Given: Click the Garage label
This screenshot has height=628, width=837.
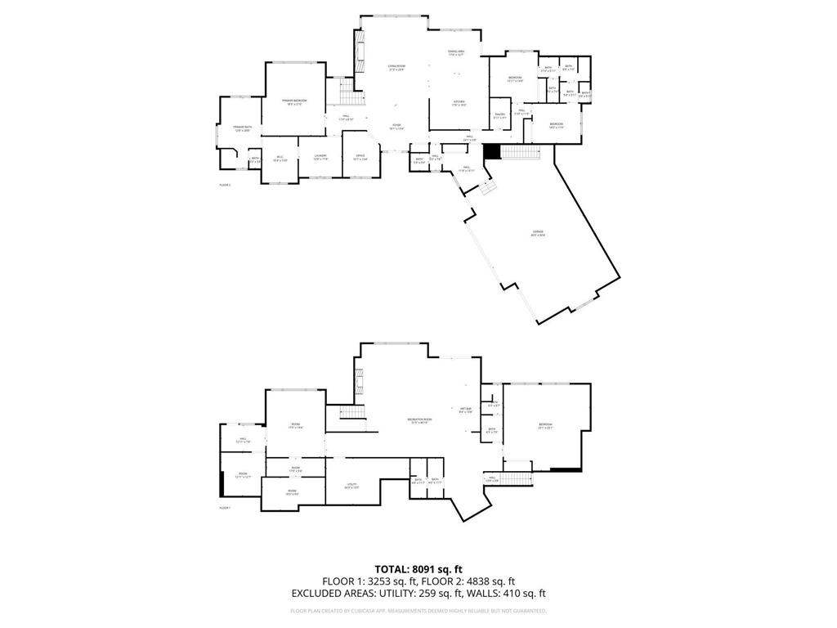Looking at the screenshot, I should (538, 233).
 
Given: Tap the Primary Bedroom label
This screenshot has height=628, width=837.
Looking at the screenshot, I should (293, 101).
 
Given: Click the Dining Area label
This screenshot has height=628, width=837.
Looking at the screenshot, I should (456, 52).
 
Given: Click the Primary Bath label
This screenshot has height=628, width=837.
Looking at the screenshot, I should (240, 128).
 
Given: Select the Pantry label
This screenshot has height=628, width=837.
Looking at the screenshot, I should (500, 115).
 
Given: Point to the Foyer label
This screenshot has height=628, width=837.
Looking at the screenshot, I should (396, 125).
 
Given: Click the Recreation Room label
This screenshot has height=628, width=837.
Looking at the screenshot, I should (418, 420).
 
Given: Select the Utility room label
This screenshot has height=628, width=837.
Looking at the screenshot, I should (352, 485).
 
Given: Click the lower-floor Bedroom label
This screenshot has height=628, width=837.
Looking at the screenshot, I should (545, 424).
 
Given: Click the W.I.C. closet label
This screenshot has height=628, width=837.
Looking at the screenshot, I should (279, 158).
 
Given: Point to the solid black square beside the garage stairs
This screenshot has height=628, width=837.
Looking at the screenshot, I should (491, 152).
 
